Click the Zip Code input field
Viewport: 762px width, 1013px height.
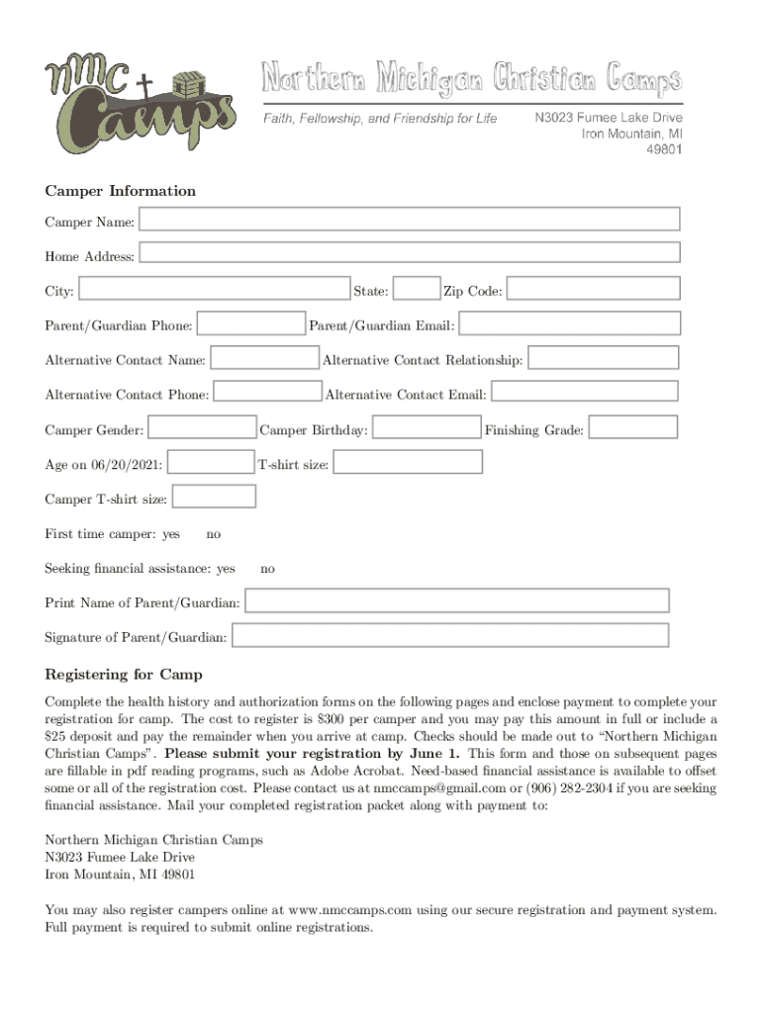594,288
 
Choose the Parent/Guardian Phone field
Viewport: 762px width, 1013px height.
250,323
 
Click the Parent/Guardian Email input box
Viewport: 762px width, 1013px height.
570,323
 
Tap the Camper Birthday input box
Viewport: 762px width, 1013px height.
427,427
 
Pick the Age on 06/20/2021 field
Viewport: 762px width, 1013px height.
211,462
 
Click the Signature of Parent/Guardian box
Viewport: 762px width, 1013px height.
450,635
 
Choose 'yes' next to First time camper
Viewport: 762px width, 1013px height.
171,534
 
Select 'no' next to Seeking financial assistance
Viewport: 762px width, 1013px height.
267,569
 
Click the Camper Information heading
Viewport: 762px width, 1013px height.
121,191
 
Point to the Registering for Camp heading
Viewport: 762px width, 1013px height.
124,675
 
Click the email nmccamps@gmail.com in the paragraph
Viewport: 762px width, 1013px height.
438,788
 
